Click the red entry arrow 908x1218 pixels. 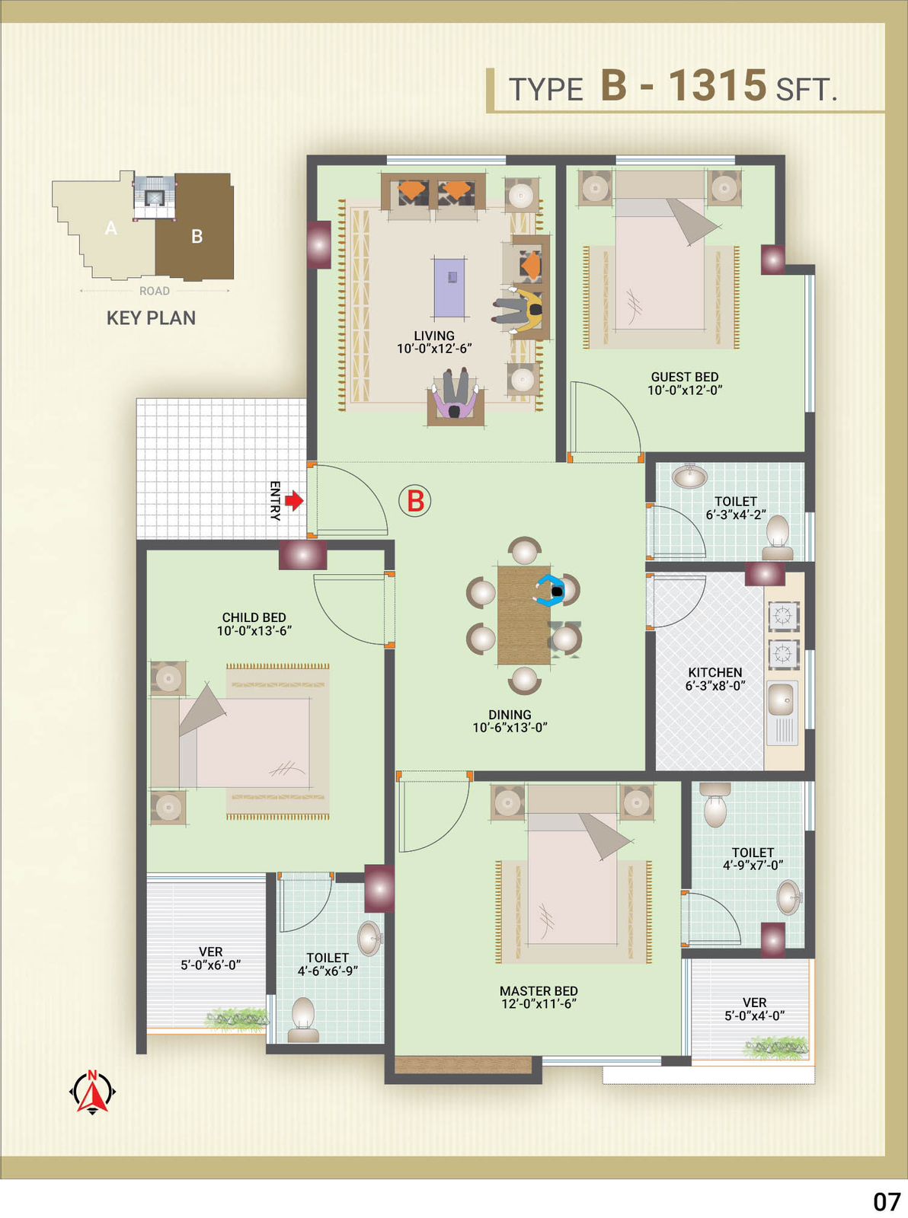click(295, 500)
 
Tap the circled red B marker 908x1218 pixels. click(415, 502)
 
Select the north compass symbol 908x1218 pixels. click(92, 1092)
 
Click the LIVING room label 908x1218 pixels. click(434, 336)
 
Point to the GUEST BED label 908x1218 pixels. click(685, 377)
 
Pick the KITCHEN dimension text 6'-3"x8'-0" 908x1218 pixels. click(715, 685)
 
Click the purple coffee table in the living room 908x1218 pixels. click(449, 288)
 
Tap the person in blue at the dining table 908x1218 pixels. click(550, 590)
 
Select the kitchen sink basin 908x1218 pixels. click(781, 700)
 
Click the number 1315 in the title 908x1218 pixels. click(718, 85)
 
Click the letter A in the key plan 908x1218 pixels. click(111, 228)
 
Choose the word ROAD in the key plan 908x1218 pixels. click(155, 291)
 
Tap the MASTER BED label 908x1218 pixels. click(539, 990)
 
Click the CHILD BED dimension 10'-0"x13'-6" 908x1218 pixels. click(254, 630)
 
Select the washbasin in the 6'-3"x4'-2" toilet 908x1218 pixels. click(690, 477)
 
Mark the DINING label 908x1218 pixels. click(510, 715)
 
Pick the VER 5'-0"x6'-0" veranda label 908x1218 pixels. click(210, 958)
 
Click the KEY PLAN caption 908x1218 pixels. click(151, 318)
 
